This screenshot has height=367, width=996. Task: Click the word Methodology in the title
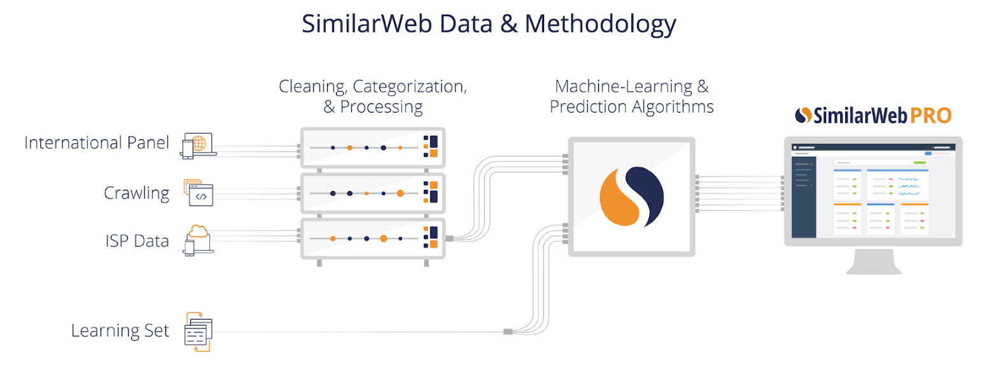click(x=601, y=24)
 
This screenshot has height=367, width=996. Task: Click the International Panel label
click(x=97, y=143)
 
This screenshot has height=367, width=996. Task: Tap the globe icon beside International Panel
click(x=199, y=144)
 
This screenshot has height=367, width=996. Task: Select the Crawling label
click(x=137, y=193)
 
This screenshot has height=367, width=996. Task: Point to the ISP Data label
click(x=137, y=241)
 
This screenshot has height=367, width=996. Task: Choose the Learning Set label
click(x=120, y=331)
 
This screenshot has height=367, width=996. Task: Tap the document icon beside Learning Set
click(x=197, y=332)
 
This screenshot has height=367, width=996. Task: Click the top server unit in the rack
click(x=372, y=148)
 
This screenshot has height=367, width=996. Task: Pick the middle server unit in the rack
click(x=372, y=193)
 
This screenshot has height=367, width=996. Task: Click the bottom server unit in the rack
click(x=372, y=238)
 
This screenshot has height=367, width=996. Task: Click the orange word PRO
click(x=930, y=115)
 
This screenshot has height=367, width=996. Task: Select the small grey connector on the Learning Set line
click(x=507, y=331)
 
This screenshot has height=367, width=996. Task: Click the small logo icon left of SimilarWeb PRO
click(x=804, y=115)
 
